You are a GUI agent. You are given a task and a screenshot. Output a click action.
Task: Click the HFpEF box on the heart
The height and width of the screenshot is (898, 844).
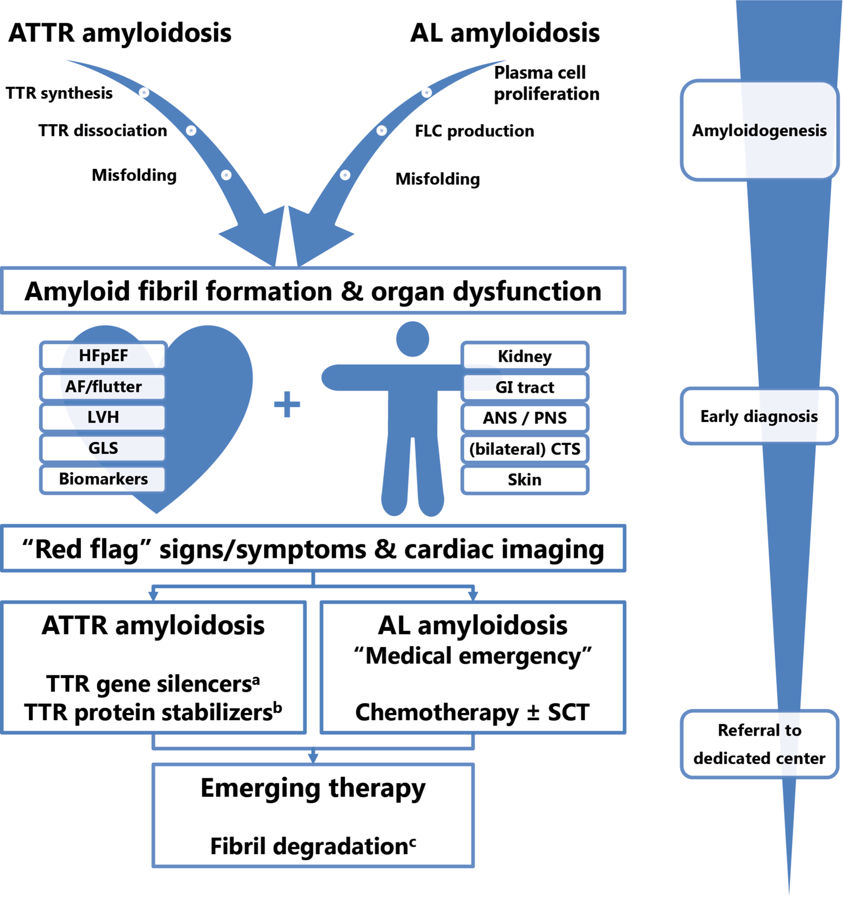(x=103, y=356)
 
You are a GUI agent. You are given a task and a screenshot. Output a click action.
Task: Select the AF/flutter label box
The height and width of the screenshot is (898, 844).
(x=103, y=387)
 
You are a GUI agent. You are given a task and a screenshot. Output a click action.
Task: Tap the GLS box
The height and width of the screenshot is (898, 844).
(x=103, y=448)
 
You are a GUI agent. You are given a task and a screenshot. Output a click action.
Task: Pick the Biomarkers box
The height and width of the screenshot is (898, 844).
(x=103, y=479)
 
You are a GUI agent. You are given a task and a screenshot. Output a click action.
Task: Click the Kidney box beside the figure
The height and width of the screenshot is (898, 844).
(x=524, y=356)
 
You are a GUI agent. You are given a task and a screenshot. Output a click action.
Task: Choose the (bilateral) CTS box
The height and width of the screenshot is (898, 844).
(x=524, y=449)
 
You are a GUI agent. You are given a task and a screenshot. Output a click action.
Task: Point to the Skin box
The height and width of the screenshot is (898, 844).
(x=524, y=480)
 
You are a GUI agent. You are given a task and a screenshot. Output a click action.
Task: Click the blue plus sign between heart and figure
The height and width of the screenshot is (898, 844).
(x=287, y=404)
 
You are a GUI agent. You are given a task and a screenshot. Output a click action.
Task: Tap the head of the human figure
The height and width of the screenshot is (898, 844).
(x=413, y=339)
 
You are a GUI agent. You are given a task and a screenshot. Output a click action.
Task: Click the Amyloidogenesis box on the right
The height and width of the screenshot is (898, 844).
(x=759, y=131)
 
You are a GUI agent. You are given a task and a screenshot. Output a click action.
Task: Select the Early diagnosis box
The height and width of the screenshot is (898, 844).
(x=759, y=417)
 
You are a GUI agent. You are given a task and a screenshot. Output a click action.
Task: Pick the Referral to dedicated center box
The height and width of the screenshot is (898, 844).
(x=759, y=744)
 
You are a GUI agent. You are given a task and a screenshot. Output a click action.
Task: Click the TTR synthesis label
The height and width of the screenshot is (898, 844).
(x=59, y=93)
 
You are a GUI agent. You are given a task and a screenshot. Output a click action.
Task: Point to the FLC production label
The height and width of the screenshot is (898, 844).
(x=475, y=131)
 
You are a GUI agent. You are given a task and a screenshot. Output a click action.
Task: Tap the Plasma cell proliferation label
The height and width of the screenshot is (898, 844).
(x=546, y=83)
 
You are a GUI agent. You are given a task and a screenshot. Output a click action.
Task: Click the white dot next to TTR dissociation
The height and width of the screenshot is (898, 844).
(x=191, y=131)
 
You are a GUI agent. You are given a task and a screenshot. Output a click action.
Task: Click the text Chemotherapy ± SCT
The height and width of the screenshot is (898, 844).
(x=472, y=712)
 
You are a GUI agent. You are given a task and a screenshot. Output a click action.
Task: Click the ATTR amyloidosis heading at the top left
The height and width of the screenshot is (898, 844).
(x=120, y=33)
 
